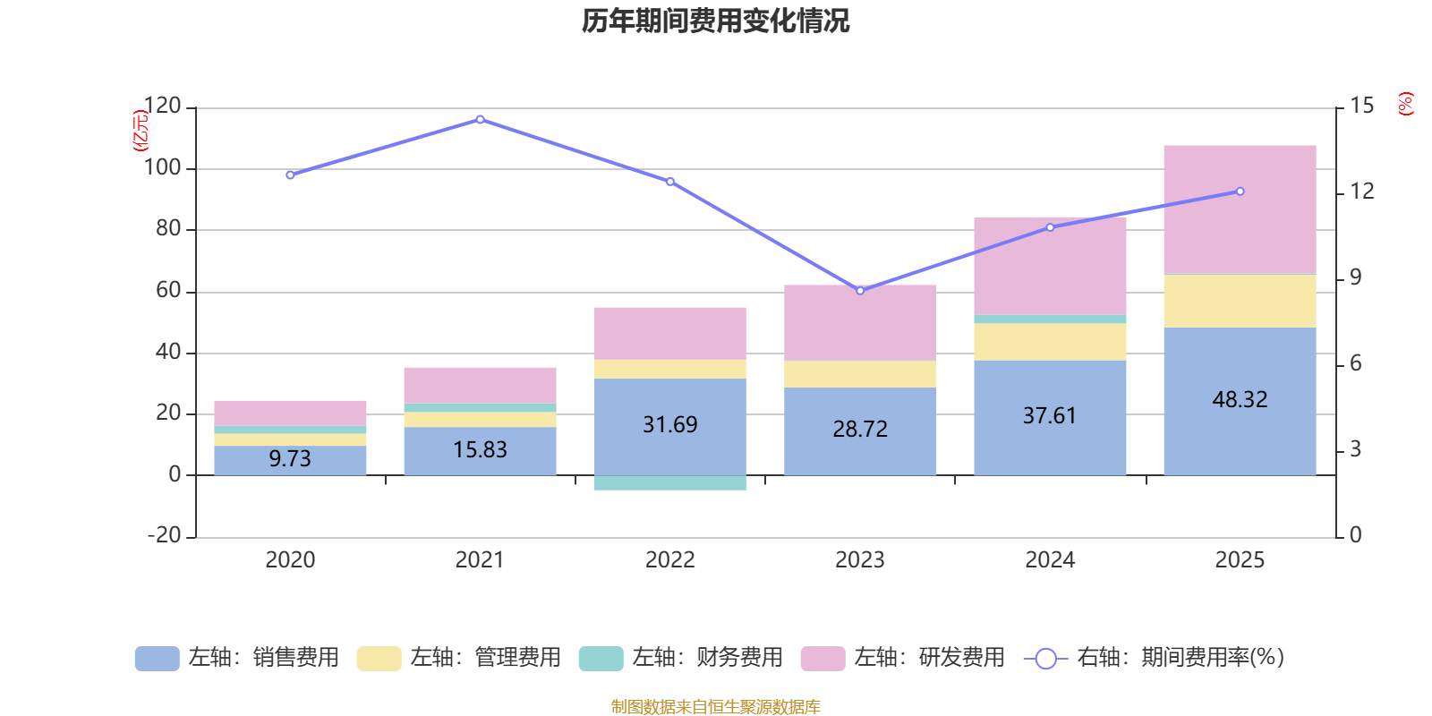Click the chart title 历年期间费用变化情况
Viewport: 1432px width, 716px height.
[715, 21]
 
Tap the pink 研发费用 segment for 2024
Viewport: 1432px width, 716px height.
[1050, 265]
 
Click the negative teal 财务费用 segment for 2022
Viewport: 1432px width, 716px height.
[669, 483]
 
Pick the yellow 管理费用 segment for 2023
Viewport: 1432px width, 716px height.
[860, 374]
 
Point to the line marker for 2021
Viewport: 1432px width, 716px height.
[480, 119]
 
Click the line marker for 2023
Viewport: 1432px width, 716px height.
[860, 290]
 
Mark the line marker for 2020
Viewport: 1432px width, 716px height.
[290, 175]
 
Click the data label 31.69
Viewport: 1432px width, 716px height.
[669, 424]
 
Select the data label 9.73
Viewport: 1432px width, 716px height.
[290, 458]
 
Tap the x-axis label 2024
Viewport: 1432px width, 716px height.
[1050, 560]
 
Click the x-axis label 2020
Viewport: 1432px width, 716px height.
[290, 560]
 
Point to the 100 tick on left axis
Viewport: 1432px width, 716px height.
[162, 168]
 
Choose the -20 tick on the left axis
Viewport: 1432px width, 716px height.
[164, 535]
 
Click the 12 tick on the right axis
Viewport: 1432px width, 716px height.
[1361, 192]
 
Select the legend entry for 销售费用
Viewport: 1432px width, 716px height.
[237, 658]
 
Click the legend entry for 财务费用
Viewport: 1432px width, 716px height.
[681, 658]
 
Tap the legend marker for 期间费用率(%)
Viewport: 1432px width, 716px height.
[1045, 659]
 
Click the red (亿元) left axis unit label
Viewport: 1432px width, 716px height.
[140, 131]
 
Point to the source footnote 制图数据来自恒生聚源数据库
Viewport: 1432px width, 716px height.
[715, 707]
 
